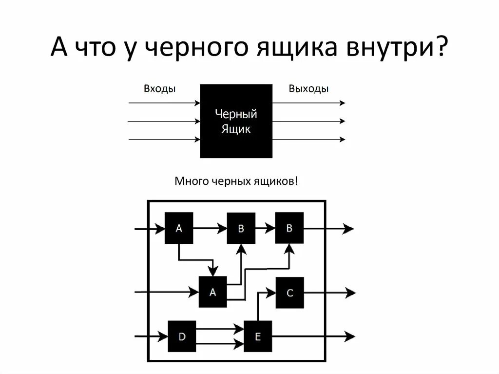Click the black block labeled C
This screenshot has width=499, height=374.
point(289,293)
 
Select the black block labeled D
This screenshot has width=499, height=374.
point(182,336)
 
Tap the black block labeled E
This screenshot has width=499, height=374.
point(258,336)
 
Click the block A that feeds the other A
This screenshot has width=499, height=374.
point(179,228)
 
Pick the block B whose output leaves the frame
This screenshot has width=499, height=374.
point(289,228)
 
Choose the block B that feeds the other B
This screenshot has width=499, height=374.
point(241,228)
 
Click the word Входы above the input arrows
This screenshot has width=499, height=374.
point(159,89)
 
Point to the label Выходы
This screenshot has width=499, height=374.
point(308,89)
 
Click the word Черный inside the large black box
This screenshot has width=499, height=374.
point(236,115)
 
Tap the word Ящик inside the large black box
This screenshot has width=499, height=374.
point(236,129)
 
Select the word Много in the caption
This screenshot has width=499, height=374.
point(192,181)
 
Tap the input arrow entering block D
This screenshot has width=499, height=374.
point(151,336)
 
